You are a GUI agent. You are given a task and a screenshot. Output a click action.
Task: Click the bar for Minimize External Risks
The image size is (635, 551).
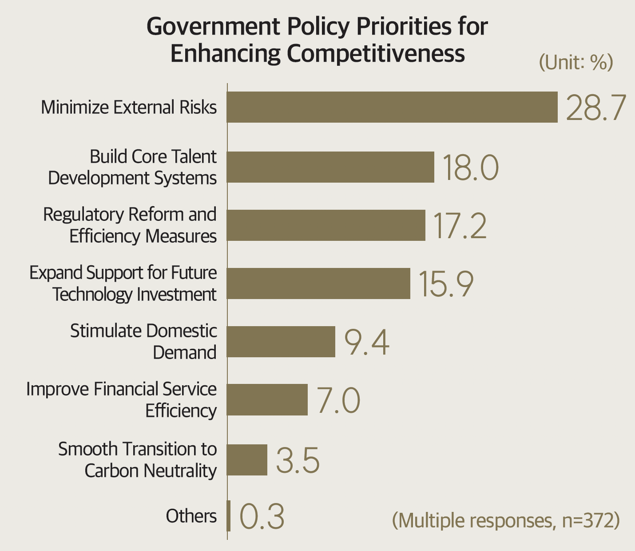(392, 107)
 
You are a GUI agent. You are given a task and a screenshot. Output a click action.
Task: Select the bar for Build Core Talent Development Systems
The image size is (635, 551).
(330, 167)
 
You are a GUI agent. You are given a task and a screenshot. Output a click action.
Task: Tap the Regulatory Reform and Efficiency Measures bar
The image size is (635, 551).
(326, 225)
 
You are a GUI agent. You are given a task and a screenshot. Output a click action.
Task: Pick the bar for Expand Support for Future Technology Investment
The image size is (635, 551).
(318, 283)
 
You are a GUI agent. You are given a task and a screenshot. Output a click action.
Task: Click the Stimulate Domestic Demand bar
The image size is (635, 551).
(281, 342)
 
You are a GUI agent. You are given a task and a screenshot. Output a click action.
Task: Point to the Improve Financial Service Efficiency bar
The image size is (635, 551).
(267, 400)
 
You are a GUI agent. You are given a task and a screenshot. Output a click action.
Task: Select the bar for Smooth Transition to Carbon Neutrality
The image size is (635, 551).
(247, 460)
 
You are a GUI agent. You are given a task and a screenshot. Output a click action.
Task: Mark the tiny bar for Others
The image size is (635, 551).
(229, 516)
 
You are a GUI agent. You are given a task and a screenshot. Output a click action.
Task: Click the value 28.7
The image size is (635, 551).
(596, 108)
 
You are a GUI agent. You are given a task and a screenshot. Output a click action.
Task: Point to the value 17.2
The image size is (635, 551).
(460, 226)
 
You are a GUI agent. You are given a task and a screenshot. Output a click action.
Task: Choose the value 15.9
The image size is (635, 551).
(446, 284)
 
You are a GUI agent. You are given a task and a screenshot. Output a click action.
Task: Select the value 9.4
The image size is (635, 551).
(367, 343)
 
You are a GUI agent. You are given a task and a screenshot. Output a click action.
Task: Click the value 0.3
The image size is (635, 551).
(262, 517)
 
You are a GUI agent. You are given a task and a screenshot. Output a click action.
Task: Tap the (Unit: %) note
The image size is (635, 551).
(575, 62)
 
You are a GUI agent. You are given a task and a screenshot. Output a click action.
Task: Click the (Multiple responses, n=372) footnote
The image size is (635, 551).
(505, 520)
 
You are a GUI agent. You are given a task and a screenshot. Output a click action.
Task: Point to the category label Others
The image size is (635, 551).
(191, 516)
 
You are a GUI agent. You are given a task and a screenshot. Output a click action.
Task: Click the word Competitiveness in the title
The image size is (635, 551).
(376, 53)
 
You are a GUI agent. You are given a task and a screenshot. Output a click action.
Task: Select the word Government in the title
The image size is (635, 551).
(214, 27)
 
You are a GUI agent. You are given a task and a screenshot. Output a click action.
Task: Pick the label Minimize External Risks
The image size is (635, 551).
(129, 108)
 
